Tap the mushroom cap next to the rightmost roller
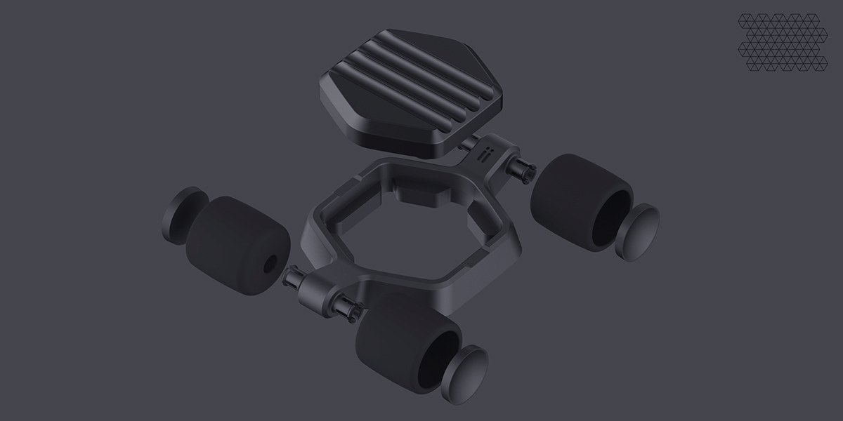(640, 231)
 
